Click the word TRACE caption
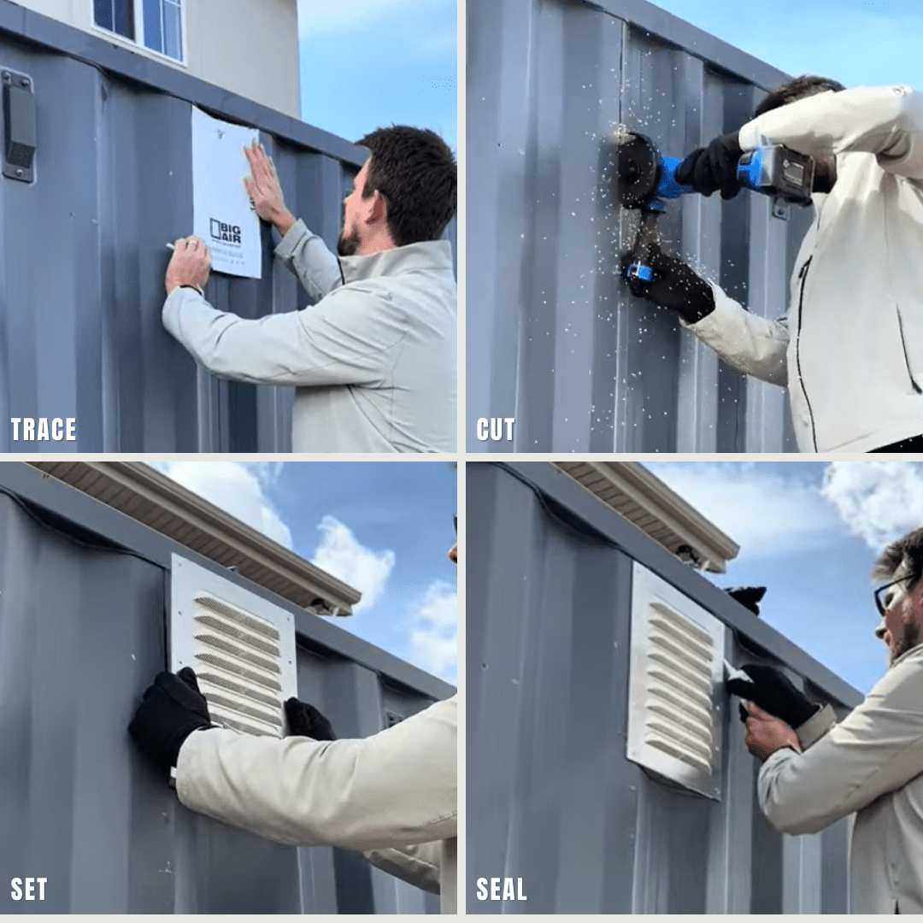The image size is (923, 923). tap(44, 429)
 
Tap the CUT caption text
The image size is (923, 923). tap(496, 429)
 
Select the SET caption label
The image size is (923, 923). tap(29, 890)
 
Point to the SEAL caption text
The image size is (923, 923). tap(502, 890)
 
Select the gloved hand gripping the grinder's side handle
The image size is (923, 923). tap(671, 282)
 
